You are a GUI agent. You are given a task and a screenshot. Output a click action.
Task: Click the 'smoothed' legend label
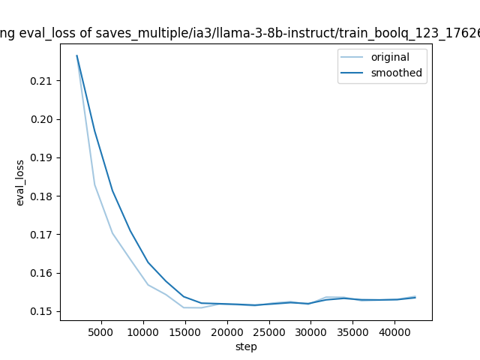pos(396,73)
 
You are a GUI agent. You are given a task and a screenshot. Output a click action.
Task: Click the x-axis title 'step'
pos(246,346)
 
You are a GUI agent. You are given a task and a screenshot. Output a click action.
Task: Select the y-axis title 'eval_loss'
pos(20,182)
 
